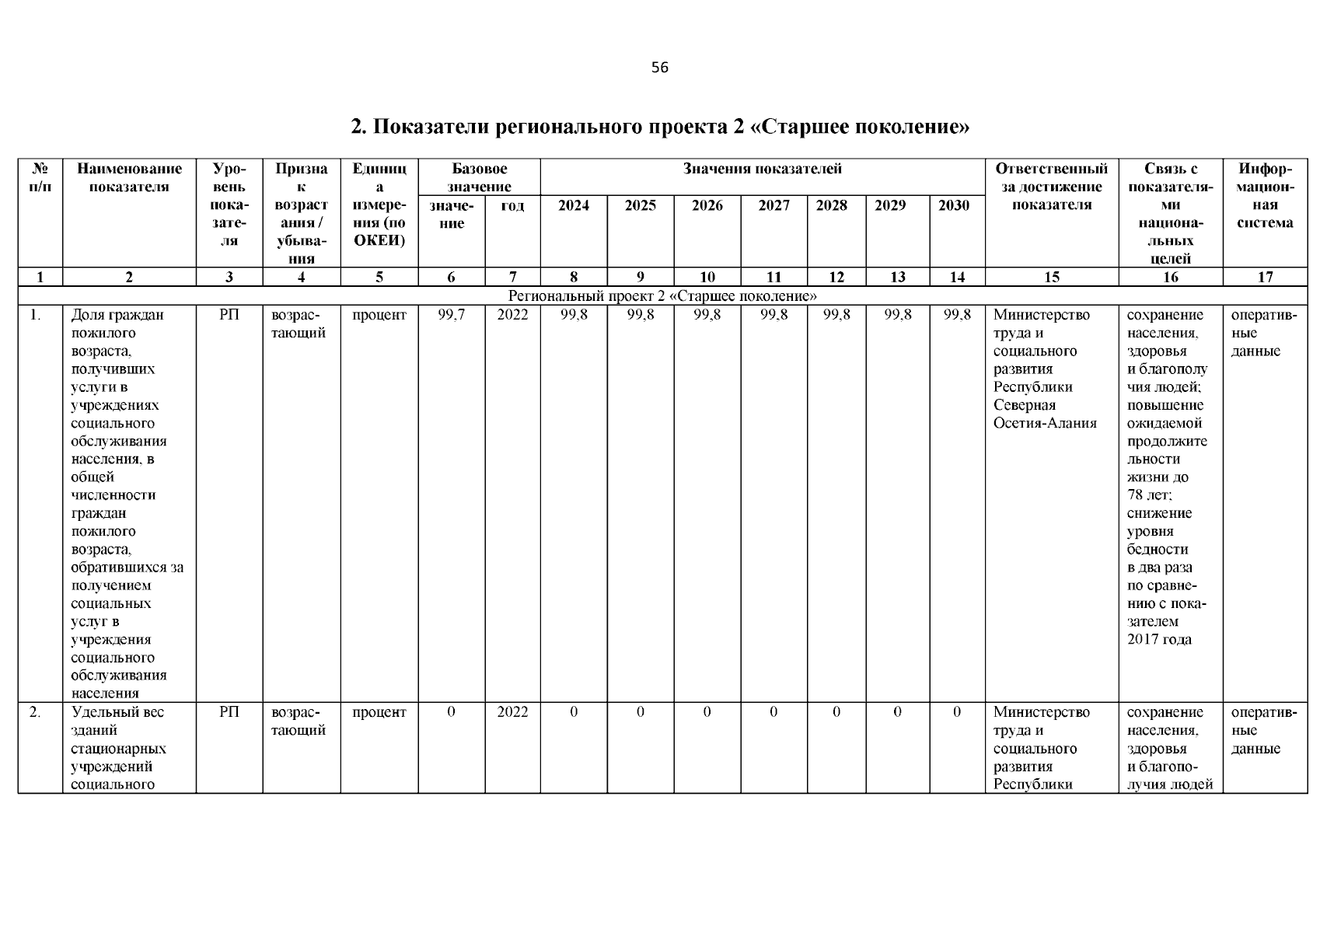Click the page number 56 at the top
pos(659,68)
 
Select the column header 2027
pos(773,205)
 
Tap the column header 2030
pos(954,205)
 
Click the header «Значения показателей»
pos(762,169)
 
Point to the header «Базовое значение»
pos(479,177)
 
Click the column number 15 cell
pos(1051,277)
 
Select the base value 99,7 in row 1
pos(451,315)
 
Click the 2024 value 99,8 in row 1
pos(574,315)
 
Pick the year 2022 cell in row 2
pos(512,712)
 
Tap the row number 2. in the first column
pos(35,712)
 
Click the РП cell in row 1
pos(229,315)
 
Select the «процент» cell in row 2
pos(379,712)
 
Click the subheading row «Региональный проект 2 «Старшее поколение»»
pos(662,296)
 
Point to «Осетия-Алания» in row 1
pos(1045,423)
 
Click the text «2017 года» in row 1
pos(1158,639)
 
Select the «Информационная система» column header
pos(1265,196)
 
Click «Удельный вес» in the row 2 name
pos(117,712)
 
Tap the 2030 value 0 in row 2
pos(956,712)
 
